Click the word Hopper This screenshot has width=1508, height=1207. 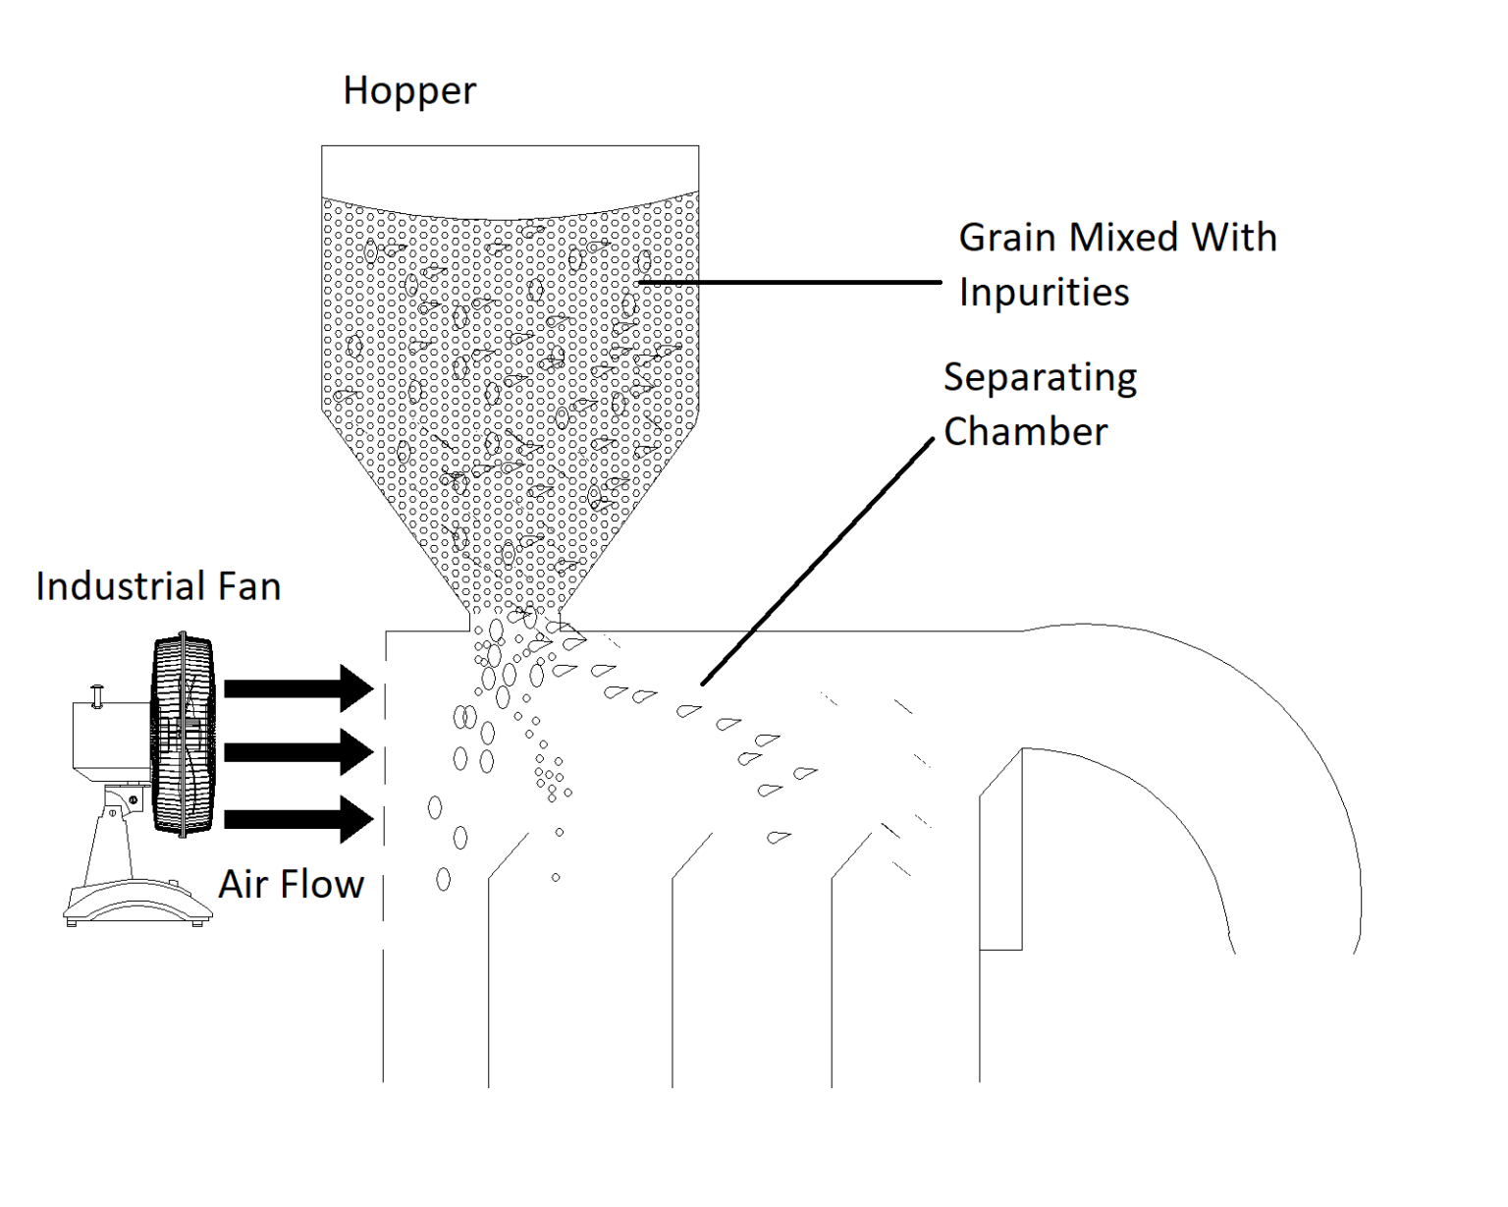[408, 90]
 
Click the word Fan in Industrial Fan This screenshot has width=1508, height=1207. [249, 586]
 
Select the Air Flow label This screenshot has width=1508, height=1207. [291, 885]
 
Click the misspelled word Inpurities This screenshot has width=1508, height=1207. [1044, 293]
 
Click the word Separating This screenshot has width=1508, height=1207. [1040, 377]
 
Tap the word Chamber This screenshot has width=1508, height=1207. [1025, 432]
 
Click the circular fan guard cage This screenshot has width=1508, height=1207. [184, 737]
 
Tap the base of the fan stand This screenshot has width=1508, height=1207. [137, 904]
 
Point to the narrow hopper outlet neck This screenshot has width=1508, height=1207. [513, 621]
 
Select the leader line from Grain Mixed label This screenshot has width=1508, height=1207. [790, 282]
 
